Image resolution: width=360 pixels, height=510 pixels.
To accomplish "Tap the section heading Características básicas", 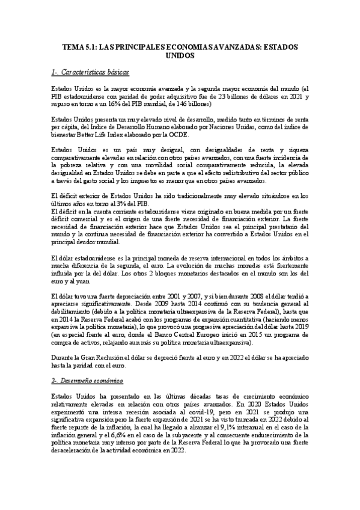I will tap(95, 72).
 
